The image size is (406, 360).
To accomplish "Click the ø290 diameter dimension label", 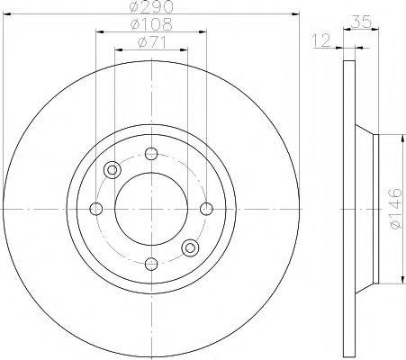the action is pyautogui.click(x=151, y=6).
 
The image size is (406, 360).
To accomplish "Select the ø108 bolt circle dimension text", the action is pyautogui.click(x=151, y=24).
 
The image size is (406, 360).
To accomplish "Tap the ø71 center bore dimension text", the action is pyautogui.click(x=151, y=42).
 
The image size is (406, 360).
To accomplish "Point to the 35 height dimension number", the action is pyautogui.click(x=361, y=22).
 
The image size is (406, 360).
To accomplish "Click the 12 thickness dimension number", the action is pyautogui.click(x=321, y=40).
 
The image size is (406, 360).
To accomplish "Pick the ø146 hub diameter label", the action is pyautogui.click(x=395, y=209).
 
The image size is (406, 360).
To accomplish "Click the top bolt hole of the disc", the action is pyautogui.click(x=151, y=154).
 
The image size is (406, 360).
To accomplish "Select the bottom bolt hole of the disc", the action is pyautogui.click(x=151, y=264).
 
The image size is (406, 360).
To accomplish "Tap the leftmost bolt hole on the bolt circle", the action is pyautogui.click(x=96, y=209).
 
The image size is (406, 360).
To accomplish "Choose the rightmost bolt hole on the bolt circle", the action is pyautogui.click(x=206, y=209).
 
